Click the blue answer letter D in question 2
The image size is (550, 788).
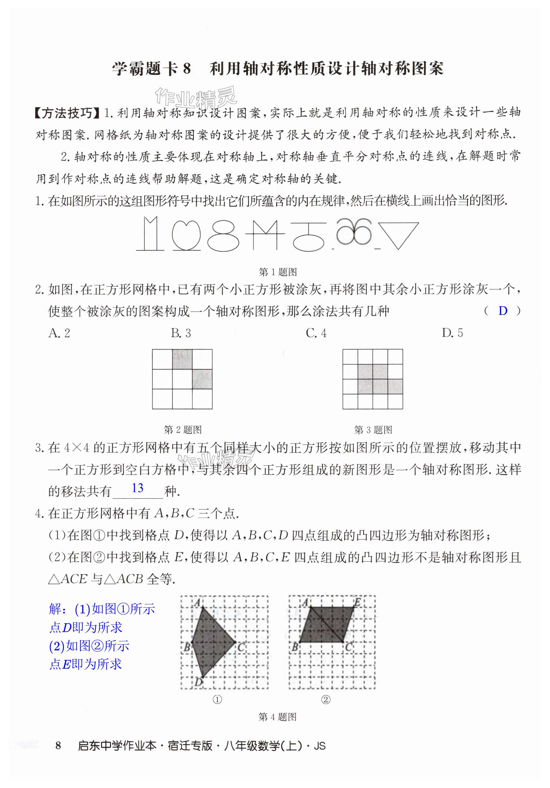pyautogui.click(x=502, y=311)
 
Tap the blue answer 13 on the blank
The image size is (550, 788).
pyautogui.click(x=137, y=488)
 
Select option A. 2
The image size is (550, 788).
pyautogui.click(x=60, y=333)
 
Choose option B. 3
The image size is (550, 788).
pyautogui.click(x=181, y=333)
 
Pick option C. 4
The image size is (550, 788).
pyautogui.click(x=316, y=333)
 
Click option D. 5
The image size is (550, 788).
pyautogui.click(x=452, y=333)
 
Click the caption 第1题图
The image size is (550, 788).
pyautogui.click(x=278, y=272)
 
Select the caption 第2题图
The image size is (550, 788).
pyautogui.click(x=183, y=429)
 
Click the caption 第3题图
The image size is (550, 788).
pyautogui.click(x=373, y=429)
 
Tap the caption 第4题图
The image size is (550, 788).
pyautogui.click(x=277, y=717)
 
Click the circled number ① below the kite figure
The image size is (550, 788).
pyautogui.click(x=217, y=699)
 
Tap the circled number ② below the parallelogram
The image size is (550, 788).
pyautogui.click(x=325, y=699)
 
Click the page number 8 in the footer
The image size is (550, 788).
pyautogui.click(x=58, y=745)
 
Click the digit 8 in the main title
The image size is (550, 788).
pyautogui.click(x=187, y=69)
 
